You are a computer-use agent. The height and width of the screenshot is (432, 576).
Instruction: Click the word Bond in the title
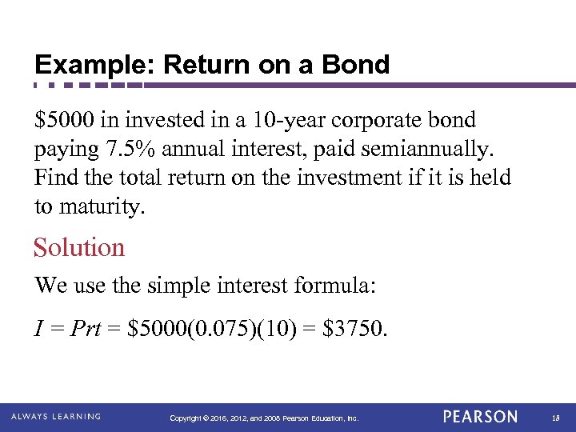(x=358, y=65)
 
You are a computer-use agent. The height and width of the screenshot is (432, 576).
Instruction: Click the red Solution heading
(x=79, y=247)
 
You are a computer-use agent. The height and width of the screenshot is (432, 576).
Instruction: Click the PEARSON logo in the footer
(x=480, y=417)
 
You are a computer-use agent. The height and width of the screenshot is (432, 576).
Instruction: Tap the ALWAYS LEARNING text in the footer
(x=56, y=417)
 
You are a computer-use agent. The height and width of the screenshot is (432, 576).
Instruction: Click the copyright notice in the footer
(x=265, y=418)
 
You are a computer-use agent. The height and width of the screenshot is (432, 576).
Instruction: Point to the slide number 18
(x=554, y=418)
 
